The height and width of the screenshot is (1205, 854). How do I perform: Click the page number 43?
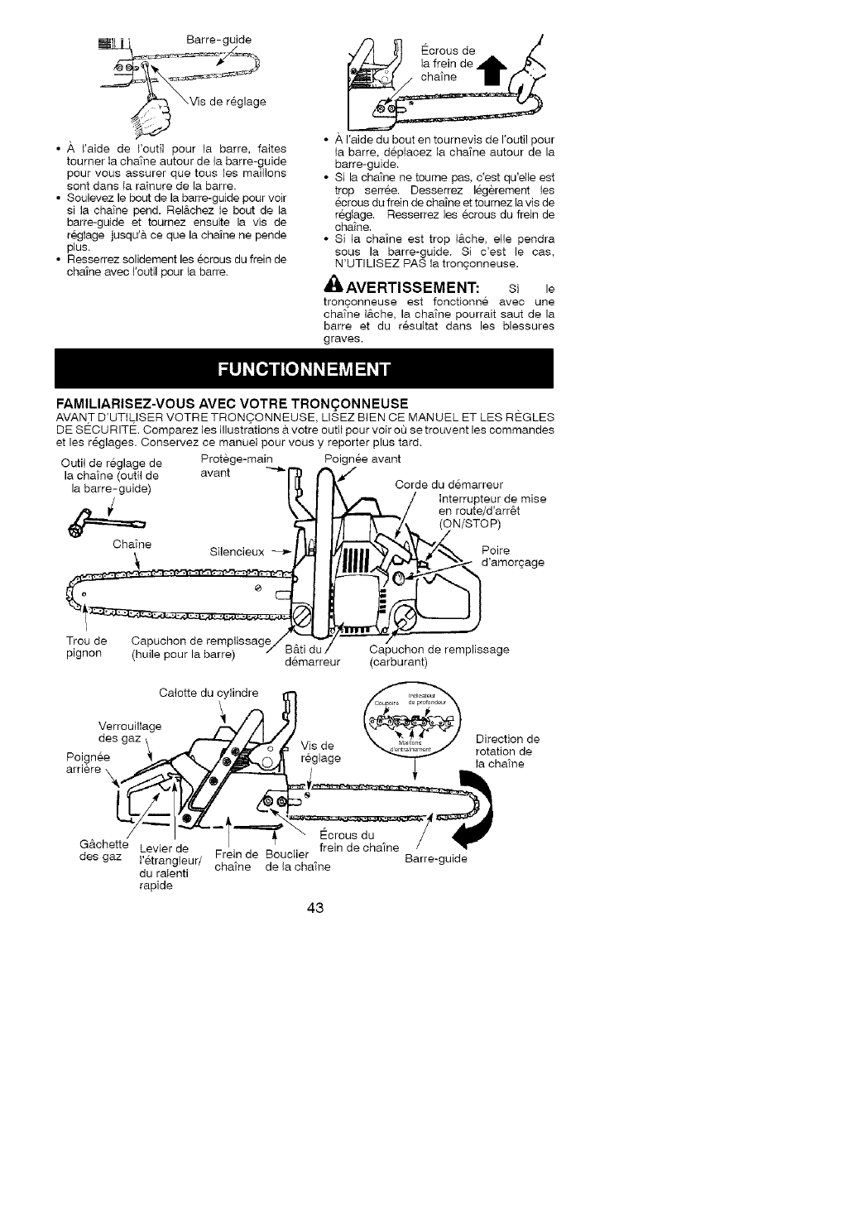(x=314, y=908)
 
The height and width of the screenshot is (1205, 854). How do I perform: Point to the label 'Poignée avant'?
(x=362, y=458)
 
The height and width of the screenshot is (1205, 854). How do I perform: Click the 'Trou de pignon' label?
(x=86, y=647)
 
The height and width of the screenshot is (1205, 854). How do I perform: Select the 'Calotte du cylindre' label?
(x=209, y=693)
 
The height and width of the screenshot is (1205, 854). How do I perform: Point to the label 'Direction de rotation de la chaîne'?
(x=507, y=751)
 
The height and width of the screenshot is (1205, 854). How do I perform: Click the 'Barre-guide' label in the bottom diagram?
(x=436, y=858)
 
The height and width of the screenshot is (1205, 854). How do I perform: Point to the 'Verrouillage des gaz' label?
(x=130, y=732)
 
